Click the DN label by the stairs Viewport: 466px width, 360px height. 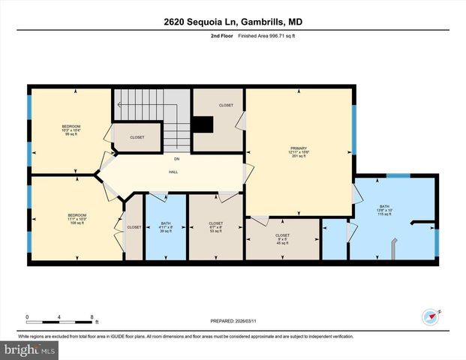(176, 159)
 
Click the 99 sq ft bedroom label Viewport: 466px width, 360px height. (71, 130)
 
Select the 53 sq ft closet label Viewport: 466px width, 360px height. (215, 228)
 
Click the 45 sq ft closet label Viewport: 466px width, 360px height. (282, 239)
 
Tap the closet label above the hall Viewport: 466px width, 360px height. (225, 106)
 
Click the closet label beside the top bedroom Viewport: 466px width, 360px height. (137, 137)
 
